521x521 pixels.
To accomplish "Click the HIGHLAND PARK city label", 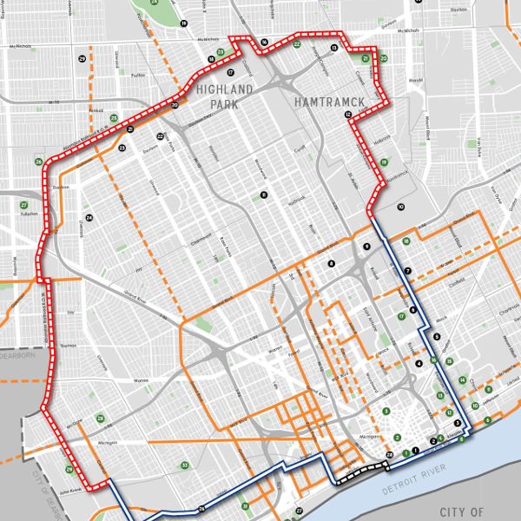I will (224, 96).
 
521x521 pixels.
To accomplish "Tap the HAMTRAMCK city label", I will (328, 102).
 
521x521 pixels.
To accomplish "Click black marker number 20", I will (175, 106).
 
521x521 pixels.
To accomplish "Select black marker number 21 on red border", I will (129, 129).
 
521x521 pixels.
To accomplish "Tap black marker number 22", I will (160, 136).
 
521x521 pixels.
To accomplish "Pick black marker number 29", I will (82, 58).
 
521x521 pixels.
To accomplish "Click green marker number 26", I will (38, 162).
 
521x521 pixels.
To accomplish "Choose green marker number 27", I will (23, 205).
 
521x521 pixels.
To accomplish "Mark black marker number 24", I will (89, 218).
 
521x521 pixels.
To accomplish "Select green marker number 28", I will (101, 419).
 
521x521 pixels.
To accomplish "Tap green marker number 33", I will (184, 465).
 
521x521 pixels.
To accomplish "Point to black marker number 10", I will (400, 207).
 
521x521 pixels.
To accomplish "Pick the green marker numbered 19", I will (384, 162).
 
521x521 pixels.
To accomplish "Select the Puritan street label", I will (111, 76).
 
